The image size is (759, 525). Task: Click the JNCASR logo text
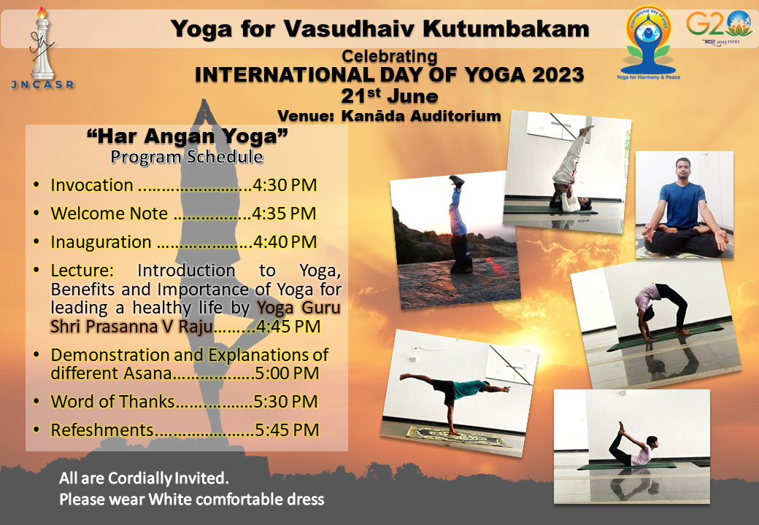(x=42, y=85)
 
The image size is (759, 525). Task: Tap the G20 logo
(x=718, y=28)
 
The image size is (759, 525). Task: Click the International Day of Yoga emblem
(x=648, y=42)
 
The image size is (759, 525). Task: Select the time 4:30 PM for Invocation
(x=285, y=185)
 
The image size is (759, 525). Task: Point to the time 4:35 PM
(x=284, y=213)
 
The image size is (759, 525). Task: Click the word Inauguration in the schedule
(x=101, y=241)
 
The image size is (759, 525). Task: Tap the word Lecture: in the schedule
(x=82, y=271)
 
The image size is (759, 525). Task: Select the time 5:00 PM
(x=287, y=373)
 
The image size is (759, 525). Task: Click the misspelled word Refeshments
(x=102, y=429)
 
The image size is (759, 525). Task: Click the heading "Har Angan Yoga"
(x=188, y=136)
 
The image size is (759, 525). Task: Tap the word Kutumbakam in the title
(x=506, y=29)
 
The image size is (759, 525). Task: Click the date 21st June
(x=390, y=96)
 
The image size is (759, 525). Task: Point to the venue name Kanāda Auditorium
(x=421, y=116)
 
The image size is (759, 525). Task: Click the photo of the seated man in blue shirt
(x=685, y=204)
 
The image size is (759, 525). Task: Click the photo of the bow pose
(x=632, y=447)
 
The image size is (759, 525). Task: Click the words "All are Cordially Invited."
(x=144, y=478)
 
